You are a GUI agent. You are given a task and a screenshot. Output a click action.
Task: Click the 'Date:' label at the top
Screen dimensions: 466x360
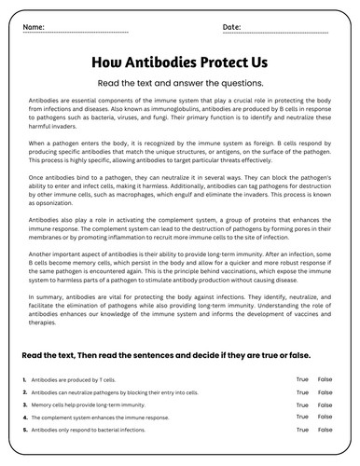point(232,28)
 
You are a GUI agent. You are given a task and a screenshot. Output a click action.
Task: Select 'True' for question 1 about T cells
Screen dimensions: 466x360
point(301,379)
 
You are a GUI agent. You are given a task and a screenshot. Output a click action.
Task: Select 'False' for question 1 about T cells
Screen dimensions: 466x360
point(325,379)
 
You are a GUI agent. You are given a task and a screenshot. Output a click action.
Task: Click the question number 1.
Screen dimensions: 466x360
point(23,380)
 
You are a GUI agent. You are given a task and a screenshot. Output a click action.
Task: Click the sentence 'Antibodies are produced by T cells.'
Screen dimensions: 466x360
point(78,380)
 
